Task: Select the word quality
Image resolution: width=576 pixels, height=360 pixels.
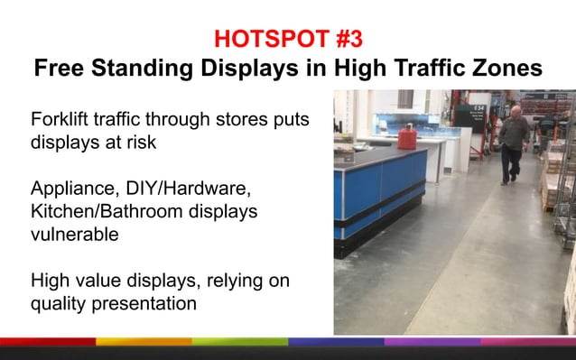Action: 60,304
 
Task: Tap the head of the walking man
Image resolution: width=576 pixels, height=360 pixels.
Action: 515,112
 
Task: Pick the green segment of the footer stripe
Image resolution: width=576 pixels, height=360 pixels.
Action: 239,342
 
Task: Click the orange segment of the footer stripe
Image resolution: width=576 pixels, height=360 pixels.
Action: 144,342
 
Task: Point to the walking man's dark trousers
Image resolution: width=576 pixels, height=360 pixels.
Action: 513,162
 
